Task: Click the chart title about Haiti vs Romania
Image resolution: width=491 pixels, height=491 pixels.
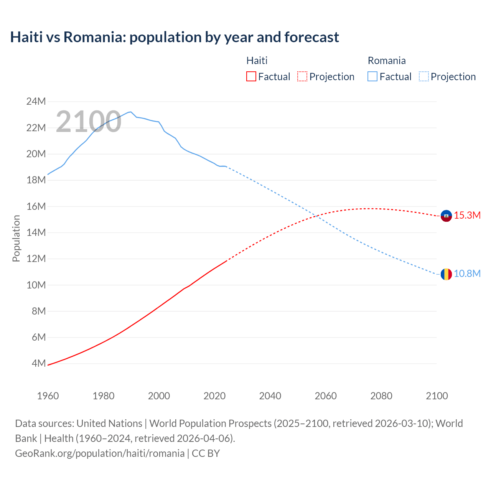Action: (175, 37)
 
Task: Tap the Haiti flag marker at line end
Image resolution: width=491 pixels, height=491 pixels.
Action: (446, 216)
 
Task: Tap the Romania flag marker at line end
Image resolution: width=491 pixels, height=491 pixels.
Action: (446, 274)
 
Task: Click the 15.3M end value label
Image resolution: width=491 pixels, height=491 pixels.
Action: (467, 216)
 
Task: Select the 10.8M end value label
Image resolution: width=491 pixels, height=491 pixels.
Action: (467, 274)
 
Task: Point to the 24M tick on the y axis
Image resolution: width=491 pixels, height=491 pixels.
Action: (36, 102)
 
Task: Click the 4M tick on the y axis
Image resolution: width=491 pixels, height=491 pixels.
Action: (38, 363)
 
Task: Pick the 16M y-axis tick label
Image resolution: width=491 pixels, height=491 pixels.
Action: (36, 206)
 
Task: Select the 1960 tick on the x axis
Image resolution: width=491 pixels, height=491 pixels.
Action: (48, 396)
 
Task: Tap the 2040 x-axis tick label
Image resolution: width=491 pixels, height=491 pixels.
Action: (270, 396)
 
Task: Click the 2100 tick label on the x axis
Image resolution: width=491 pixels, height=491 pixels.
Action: (437, 396)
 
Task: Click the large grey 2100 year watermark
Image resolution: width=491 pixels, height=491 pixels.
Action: (89, 122)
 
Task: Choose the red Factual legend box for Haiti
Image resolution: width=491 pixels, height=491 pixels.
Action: (251, 77)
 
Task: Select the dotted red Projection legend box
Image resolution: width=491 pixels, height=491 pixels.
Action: (302, 77)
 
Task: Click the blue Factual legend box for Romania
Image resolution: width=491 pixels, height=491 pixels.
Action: (372, 77)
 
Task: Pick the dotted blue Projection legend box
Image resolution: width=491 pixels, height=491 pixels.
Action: (423, 77)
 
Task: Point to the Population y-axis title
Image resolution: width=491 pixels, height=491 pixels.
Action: (16, 238)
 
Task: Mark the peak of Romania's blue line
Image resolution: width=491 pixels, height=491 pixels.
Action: (131, 112)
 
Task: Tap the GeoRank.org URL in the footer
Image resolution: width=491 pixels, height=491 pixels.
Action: (100, 453)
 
